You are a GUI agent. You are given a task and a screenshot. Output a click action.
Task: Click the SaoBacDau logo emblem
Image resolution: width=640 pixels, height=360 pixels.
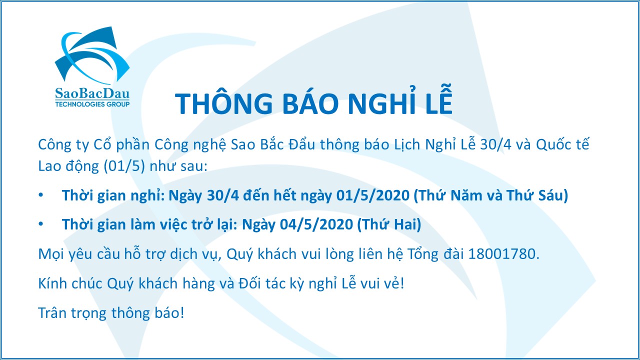(92, 55)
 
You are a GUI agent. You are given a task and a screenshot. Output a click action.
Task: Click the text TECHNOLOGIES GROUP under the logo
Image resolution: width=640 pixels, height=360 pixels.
(92, 104)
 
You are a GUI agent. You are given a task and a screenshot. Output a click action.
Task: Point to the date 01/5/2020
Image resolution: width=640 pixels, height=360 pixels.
(373, 195)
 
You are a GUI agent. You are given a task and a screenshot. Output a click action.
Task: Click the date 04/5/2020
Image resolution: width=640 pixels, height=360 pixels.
(316, 224)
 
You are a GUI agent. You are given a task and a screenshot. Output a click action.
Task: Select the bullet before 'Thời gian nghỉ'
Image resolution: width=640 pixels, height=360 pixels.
(41, 195)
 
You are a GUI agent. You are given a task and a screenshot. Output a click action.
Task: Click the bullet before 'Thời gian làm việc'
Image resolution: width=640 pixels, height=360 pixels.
(41, 224)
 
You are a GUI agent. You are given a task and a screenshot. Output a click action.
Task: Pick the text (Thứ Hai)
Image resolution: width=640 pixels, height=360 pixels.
(389, 224)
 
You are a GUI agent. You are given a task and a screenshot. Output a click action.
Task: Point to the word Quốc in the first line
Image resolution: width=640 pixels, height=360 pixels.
(551, 144)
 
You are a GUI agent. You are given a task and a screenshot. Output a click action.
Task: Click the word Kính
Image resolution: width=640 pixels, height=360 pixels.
(52, 283)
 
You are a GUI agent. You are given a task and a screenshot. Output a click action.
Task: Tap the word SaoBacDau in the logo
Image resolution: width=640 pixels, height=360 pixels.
(92, 93)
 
